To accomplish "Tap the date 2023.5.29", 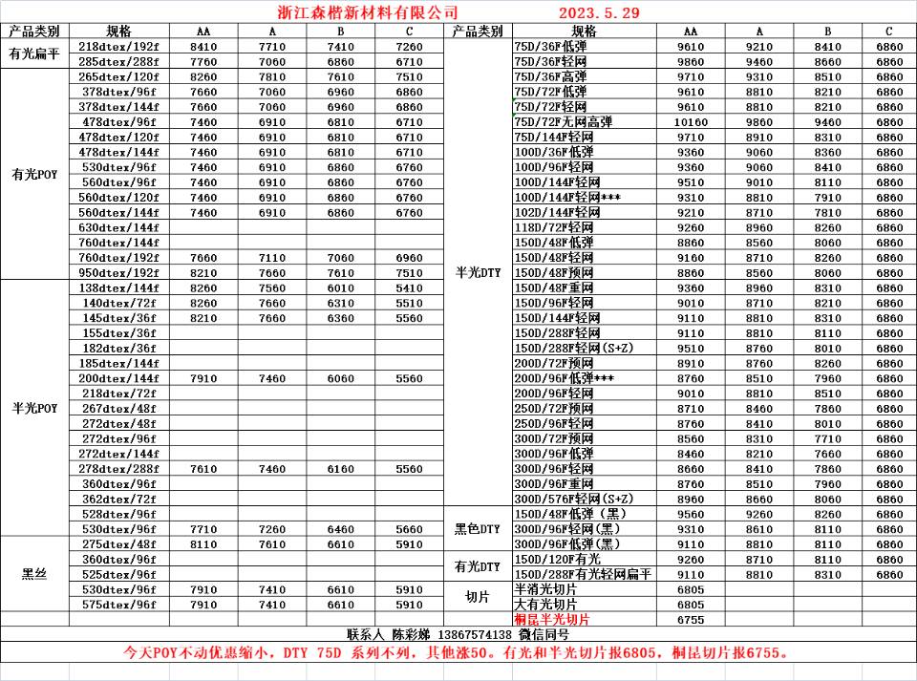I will click(x=599, y=13).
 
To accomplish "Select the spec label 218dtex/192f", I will click(x=118, y=46).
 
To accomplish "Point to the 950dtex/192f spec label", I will click(x=118, y=272).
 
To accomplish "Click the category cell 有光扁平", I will click(x=34, y=53).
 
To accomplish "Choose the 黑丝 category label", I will click(x=34, y=574).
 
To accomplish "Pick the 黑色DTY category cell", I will click(x=477, y=529).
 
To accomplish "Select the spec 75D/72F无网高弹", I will click(x=563, y=121).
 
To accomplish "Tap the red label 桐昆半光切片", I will click(x=552, y=619).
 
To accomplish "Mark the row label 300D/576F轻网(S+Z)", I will click(x=573, y=499).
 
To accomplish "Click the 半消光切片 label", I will click(x=545, y=589).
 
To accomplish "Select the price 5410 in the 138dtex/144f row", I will click(x=409, y=287).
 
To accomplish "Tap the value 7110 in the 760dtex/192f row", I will click(x=272, y=258).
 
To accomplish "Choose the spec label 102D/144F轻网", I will click(x=557, y=212).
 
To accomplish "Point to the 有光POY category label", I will click(x=34, y=175).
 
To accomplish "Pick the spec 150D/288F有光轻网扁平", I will click(x=583, y=574).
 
